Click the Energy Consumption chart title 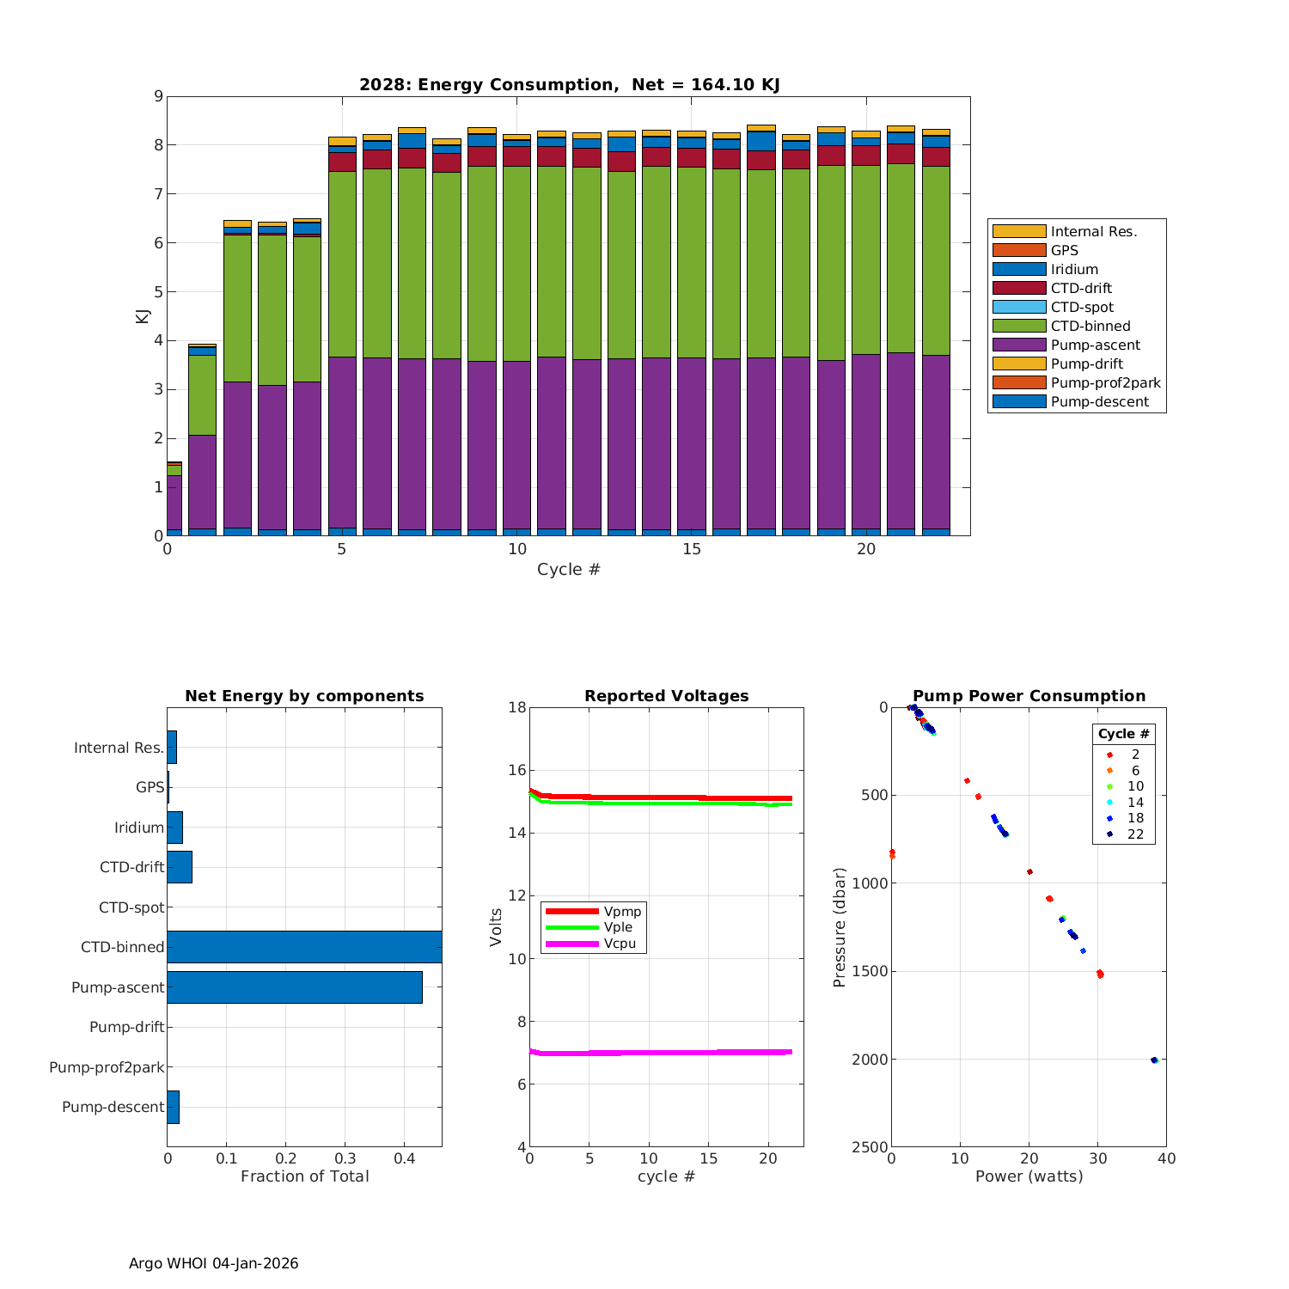pyautogui.click(x=569, y=84)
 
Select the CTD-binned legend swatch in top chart pyautogui.click(x=1018, y=326)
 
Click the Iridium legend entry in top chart pyautogui.click(x=1074, y=269)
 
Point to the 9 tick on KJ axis pyautogui.click(x=157, y=96)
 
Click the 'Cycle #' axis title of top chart pyautogui.click(x=568, y=569)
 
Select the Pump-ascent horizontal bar pyautogui.click(x=294, y=987)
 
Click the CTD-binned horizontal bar pyautogui.click(x=304, y=946)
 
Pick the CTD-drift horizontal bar pyautogui.click(x=180, y=866)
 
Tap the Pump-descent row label pyautogui.click(x=113, y=1107)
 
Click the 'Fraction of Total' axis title pyautogui.click(x=304, y=1176)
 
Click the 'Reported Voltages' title pyautogui.click(x=666, y=696)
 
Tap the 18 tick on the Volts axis pyautogui.click(x=516, y=707)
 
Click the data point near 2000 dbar pyautogui.click(x=1154, y=1060)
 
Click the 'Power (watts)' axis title pyautogui.click(x=1029, y=1176)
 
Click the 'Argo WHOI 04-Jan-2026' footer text pyautogui.click(x=213, y=1263)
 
